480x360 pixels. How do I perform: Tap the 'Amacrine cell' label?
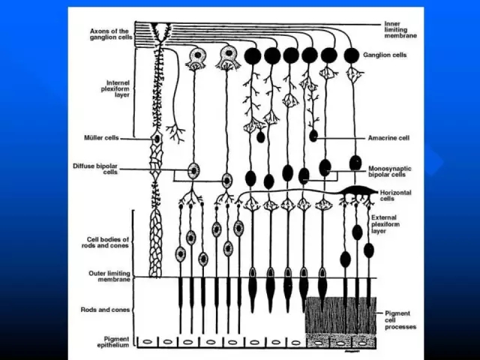tap(388, 138)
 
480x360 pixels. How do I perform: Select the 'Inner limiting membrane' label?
tap(401, 29)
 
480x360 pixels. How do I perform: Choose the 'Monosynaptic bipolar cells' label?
tap(388, 171)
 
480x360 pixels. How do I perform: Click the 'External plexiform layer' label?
tap(388, 223)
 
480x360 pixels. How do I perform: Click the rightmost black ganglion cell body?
tap(351, 55)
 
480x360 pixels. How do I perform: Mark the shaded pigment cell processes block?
tap(341, 315)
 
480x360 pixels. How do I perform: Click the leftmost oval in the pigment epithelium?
tap(148, 342)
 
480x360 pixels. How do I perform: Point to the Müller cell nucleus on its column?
tap(157, 139)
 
